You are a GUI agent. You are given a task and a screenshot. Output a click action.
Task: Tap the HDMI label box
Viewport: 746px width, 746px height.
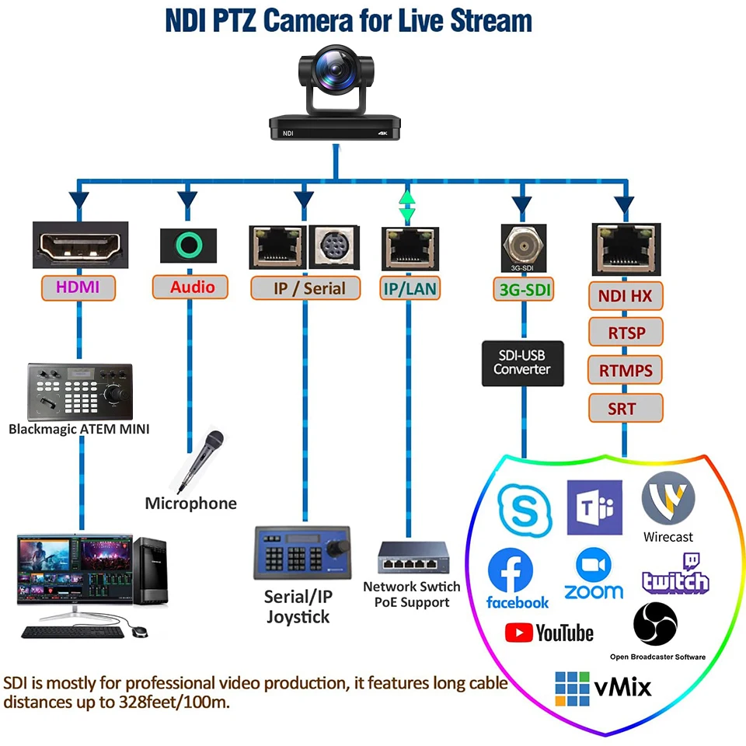click(78, 288)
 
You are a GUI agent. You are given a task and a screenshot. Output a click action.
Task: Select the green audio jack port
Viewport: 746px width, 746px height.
click(188, 245)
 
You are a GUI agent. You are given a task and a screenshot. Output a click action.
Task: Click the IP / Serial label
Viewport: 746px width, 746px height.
click(305, 288)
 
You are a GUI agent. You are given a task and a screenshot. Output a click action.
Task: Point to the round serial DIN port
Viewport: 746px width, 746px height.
click(334, 247)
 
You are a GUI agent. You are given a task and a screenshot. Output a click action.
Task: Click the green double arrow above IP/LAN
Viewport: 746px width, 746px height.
click(406, 207)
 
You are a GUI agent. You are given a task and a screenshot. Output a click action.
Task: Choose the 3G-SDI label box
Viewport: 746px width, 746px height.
click(524, 289)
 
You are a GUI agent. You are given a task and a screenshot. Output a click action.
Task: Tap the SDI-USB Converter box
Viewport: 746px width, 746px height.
click(522, 363)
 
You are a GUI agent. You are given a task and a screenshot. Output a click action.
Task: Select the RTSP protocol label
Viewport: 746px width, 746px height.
click(626, 332)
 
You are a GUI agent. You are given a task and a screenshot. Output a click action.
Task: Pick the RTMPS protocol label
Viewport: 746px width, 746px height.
click(626, 370)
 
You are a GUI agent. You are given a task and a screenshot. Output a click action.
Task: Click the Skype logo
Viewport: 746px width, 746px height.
click(525, 510)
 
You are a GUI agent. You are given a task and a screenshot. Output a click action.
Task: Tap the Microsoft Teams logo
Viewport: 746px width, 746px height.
click(594, 507)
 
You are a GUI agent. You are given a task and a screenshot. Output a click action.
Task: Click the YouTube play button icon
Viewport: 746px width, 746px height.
click(518, 633)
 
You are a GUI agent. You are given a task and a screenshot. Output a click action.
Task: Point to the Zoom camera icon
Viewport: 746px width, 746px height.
click(593, 565)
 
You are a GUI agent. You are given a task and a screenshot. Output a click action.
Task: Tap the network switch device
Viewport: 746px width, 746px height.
click(413, 558)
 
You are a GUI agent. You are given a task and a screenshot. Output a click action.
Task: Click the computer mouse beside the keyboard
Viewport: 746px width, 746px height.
click(140, 631)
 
